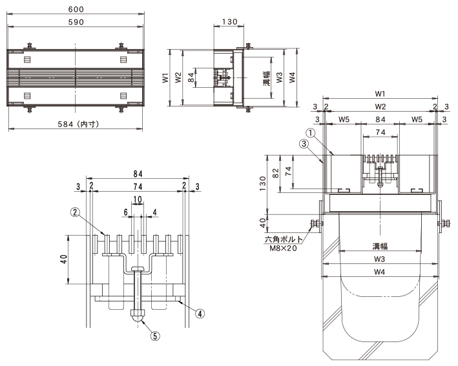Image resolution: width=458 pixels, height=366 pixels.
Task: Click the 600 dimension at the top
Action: coord(76,9)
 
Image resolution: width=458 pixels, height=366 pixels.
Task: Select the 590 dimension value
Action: coord(76,22)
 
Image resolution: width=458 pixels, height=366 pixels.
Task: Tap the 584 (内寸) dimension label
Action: coord(78,124)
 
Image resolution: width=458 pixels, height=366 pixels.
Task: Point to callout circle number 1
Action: coord(311,133)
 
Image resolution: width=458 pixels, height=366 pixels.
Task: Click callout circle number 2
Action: coord(76,212)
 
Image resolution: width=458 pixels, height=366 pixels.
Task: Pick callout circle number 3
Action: coord(304,143)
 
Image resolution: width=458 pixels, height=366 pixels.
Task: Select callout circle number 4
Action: coord(200,314)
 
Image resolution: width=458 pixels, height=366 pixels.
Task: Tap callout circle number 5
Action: coord(155,336)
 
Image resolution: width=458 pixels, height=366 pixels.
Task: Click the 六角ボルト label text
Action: coord(284,239)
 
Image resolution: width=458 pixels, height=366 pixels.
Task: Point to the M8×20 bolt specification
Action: coord(283,249)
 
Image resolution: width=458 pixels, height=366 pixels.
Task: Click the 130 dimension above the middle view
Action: coord(229,22)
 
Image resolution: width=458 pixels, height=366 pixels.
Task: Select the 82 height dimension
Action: coord(276,173)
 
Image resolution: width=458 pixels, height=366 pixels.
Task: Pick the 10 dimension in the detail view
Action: coord(138,199)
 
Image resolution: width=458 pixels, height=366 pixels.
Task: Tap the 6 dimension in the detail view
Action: coord(125,212)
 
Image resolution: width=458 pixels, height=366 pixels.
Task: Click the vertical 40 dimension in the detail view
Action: coord(64,259)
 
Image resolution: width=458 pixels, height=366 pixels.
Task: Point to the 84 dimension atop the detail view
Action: coord(138,174)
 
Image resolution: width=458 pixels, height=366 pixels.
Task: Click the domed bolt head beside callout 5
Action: coord(138,316)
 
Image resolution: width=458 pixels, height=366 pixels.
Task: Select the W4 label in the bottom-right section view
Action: coord(379,272)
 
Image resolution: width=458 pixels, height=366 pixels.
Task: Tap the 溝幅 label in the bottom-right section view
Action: coord(380,247)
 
